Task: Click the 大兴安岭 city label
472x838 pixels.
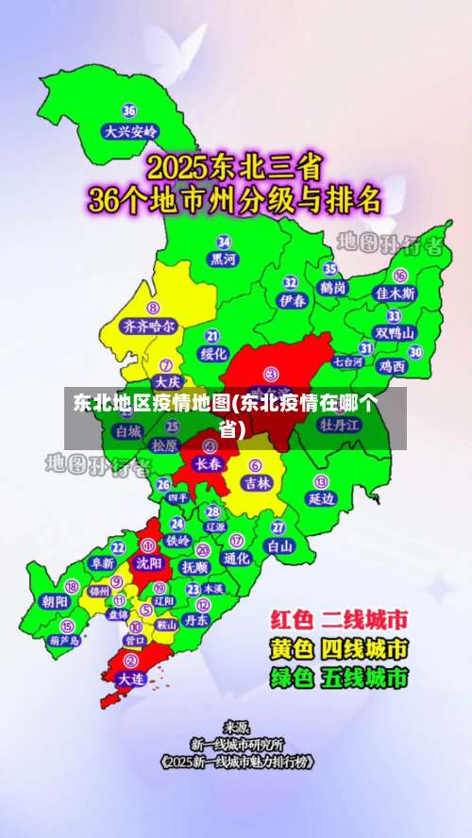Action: pyautogui.click(x=131, y=132)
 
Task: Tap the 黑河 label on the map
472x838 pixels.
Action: pyautogui.click(x=224, y=259)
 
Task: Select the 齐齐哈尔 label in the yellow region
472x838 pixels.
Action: pyautogui.click(x=149, y=326)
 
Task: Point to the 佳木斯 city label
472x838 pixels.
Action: pyautogui.click(x=395, y=293)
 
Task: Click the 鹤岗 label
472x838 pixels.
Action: pyautogui.click(x=333, y=287)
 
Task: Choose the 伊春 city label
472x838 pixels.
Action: pyautogui.click(x=293, y=300)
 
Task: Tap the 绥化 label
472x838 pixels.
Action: pyautogui.click(x=214, y=354)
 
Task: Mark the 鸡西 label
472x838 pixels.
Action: pyautogui.click(x=392, y=366)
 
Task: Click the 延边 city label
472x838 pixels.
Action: pyautogui.click(x=322, y=498)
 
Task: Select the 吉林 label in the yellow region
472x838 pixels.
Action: pyautogui.click(x=256, y=482)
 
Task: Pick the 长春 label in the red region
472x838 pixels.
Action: pyautogui.click(x=209, y=463)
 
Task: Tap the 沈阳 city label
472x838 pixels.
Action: pyautogui.click(x=148, y=561)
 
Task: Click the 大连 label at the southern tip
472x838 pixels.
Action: pyautogui.click(x=129, y=678)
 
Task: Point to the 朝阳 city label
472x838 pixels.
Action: pyautogui.click(x=55, y=600)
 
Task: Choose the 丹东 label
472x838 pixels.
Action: pyautogui.click(x=195, y=620)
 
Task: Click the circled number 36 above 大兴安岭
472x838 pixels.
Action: pyautogui.click(x=129, y=111)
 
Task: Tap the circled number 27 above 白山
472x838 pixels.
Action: pyautogui.click(x=278, y=527)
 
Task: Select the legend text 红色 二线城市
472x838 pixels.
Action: pyautogui.click(x=339, y=620)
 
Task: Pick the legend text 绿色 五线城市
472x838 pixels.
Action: pyautogui.click(x=339, y=678)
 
